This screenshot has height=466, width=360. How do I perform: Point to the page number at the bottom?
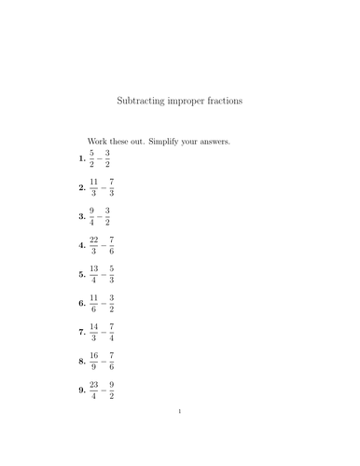(x=180, y=436)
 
